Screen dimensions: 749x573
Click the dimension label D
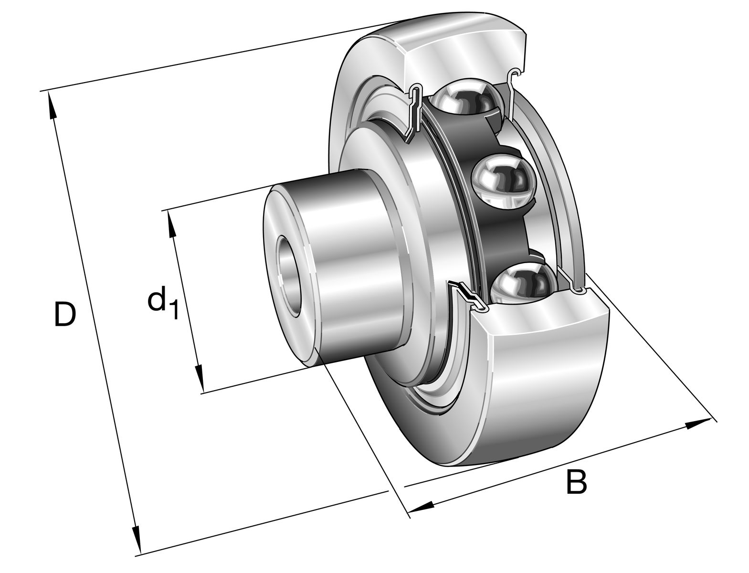(x=64, y=314)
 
